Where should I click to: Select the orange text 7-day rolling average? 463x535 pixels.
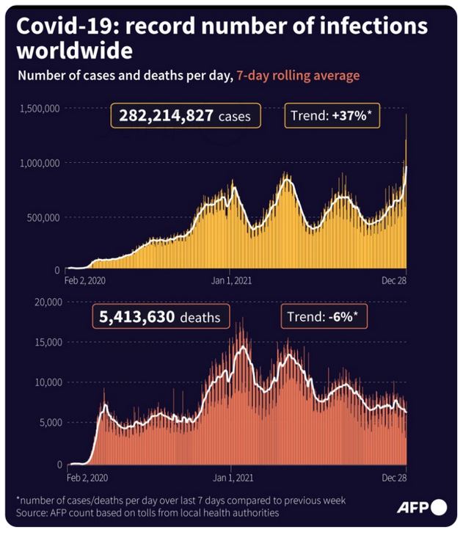point(298,76)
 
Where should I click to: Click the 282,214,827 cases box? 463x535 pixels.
point(184,116)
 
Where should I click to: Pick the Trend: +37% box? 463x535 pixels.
point(332,116)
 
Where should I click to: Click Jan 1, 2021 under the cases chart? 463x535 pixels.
point(231,280)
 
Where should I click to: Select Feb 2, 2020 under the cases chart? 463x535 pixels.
point(85,280)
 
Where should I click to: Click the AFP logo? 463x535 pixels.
point(421,507)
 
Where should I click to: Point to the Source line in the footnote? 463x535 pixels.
point(147,513)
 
